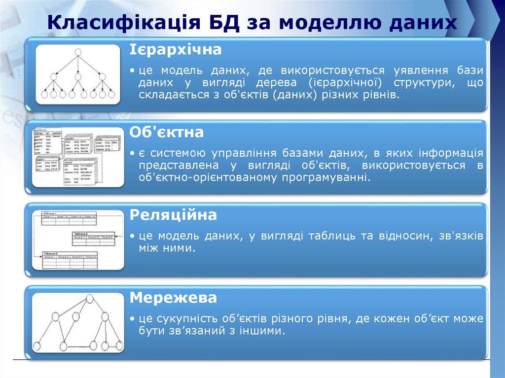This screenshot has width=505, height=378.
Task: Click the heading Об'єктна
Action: pos(167,133)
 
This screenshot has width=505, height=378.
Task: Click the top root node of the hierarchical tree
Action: pos(77,53)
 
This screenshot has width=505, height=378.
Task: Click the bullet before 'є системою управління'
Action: pos(134,154)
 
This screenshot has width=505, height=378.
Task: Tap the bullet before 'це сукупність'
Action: pos(134,320)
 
